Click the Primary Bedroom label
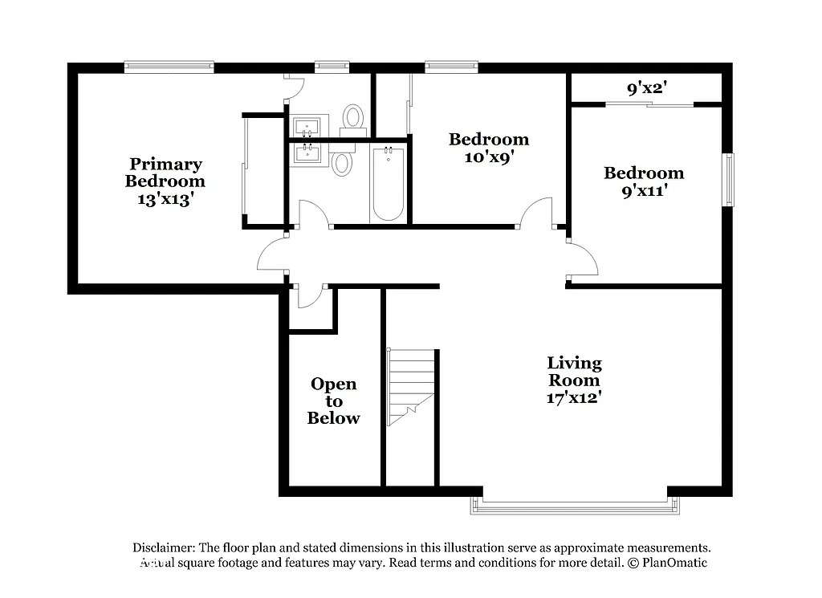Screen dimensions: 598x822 click(165, 173)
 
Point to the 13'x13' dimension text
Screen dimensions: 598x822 click(165, 199)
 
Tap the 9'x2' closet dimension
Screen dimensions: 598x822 click(647, 88)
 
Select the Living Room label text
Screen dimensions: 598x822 click(574, 371)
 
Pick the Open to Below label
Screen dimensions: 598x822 click(333, 401)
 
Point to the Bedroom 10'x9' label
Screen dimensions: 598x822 click(488, 148)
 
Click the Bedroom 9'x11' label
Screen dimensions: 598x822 click(644, 181)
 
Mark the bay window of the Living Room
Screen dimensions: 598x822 click(575, 506)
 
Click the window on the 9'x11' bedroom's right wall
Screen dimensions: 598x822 click(729, 179)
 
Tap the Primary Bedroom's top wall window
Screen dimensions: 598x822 click(169, 67)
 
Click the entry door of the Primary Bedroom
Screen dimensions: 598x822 click(271, 257)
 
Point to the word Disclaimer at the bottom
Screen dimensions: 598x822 click(164, 547)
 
